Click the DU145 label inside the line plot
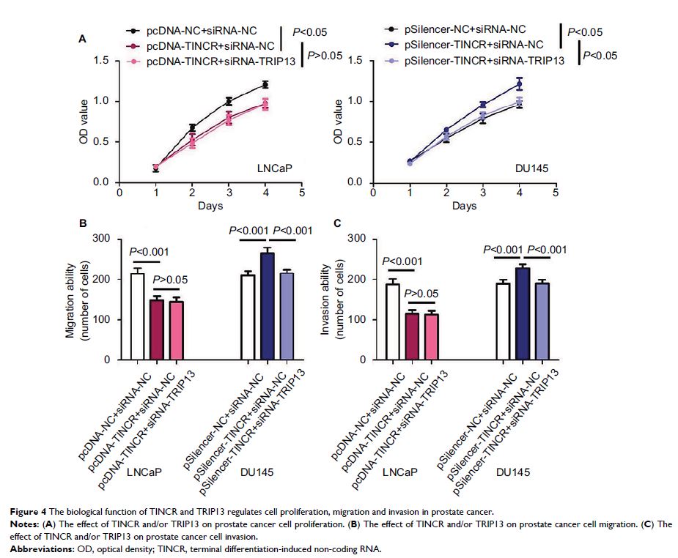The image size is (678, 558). tap(526, 168)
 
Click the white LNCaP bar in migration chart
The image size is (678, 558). tap(137, 316)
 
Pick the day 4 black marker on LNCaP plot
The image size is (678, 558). tap(265, 85)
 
